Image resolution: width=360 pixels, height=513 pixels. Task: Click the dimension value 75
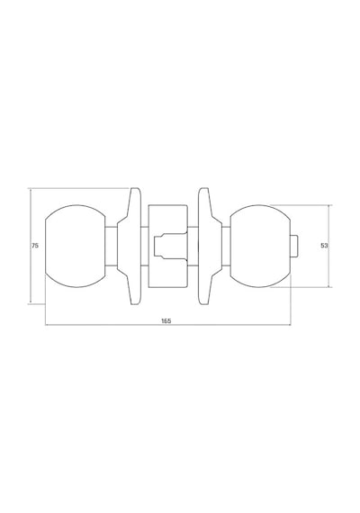35,246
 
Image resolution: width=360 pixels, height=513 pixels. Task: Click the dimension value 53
324,246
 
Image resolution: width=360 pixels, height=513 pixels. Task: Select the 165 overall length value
166,320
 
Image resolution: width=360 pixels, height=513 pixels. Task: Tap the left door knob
75,246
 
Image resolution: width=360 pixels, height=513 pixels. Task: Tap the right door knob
260,246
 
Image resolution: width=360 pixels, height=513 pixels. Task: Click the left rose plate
130,246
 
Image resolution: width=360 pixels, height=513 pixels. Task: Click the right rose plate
210,246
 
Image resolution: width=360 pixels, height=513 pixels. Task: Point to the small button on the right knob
294,246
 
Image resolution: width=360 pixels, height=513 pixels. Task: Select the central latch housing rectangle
168,246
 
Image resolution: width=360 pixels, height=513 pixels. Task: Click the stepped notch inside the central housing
170,246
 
